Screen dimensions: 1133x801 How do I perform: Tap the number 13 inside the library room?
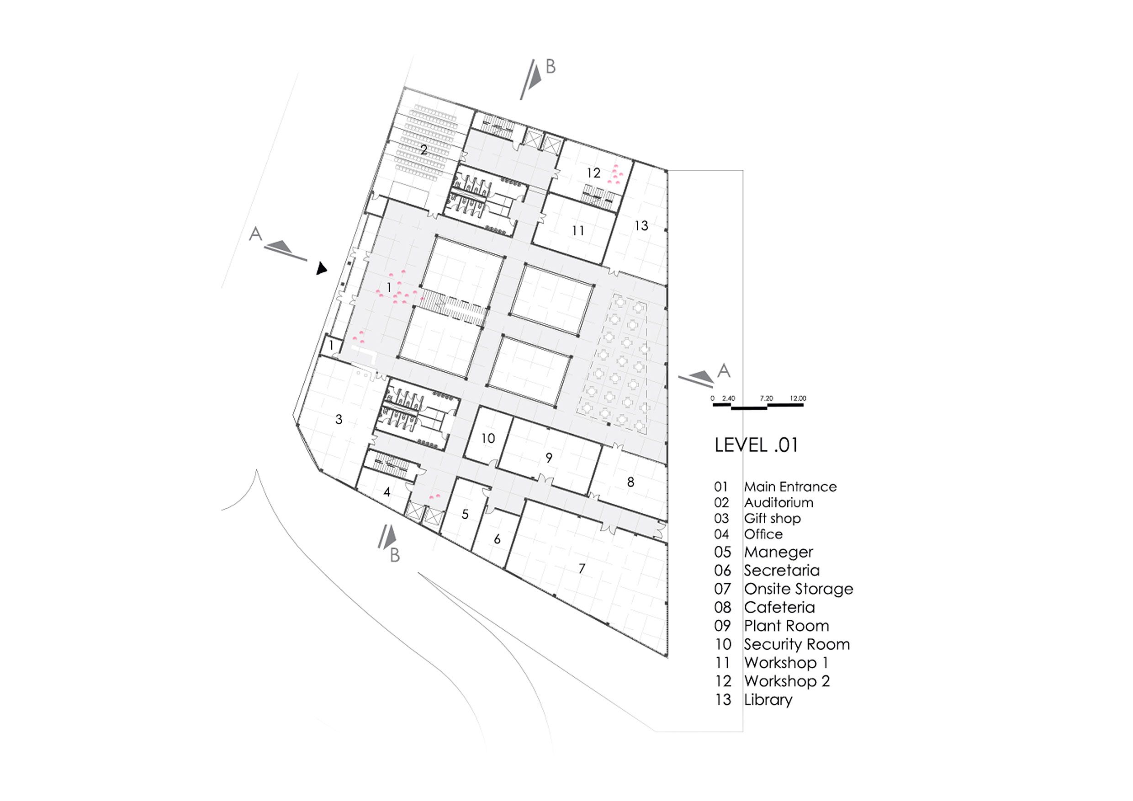641,226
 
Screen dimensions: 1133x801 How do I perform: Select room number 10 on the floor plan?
488,438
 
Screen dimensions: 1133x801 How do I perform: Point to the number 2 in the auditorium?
424,150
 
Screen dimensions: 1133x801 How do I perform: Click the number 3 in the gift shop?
339,419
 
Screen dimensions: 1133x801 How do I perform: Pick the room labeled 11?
578,230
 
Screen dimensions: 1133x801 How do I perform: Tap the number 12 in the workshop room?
593,173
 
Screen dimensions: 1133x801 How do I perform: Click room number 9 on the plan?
549,458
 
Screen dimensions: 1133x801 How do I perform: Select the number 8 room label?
630,482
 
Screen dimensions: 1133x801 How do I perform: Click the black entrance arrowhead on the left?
321,269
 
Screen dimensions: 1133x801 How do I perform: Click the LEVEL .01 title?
756,445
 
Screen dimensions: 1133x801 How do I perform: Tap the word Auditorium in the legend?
778,503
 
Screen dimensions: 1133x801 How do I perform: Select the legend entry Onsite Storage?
799,589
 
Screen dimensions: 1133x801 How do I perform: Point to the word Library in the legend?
768,700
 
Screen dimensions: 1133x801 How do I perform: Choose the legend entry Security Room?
797,644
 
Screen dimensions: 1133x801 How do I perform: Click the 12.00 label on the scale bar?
798,399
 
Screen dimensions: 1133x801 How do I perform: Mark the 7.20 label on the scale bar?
766,399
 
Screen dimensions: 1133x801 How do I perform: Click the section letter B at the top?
551,67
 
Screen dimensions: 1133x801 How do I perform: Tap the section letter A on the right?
723,370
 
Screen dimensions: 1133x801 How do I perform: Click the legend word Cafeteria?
779,607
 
